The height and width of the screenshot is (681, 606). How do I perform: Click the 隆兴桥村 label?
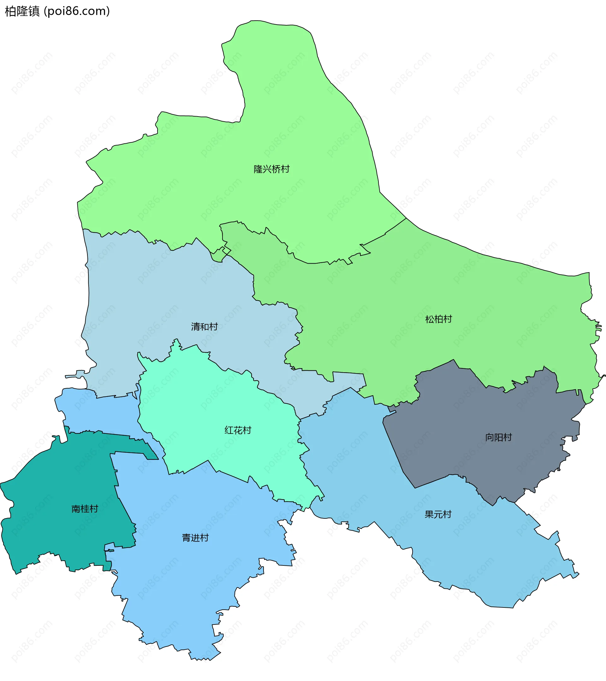271,169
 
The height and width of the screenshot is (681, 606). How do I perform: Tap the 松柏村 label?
438,320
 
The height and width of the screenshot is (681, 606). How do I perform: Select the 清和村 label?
204,327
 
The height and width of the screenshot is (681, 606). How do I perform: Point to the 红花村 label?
238,430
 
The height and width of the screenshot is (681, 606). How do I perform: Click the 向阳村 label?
498,438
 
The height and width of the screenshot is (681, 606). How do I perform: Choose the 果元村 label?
438,514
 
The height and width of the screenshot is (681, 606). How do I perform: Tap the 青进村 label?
195,538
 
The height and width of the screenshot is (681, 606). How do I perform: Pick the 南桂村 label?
85,509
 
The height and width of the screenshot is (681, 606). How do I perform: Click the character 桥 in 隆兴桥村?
276,169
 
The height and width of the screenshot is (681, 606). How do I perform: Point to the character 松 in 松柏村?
430,320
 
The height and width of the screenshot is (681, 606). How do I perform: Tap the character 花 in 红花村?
238,430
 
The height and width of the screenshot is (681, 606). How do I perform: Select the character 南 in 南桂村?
76,509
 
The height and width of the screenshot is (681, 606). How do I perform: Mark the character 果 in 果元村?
429,514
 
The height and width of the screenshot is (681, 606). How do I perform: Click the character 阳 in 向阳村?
498,438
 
